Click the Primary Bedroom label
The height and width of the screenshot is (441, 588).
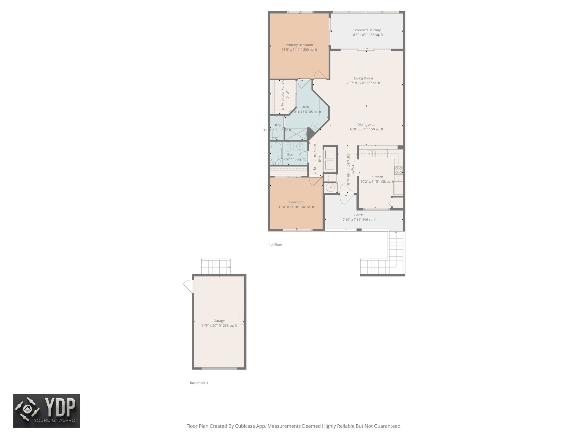pos(299,45)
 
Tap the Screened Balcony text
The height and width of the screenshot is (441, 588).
pos(367,30)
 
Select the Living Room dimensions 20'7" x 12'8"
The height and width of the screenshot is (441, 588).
pos(363,83)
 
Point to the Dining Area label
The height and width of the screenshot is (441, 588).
pos(366,125)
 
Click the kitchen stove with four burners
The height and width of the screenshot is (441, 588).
pos(399,170)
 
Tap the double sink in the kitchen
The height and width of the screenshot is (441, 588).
pos(372,154)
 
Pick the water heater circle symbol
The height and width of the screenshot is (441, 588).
pos(330,187)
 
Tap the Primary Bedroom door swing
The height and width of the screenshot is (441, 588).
pos(320,74)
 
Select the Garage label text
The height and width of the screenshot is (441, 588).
pos(219,321)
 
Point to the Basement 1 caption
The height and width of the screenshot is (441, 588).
pos(199,383)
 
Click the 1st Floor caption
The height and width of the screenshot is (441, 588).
pos(275,245)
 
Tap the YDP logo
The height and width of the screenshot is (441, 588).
pos(47,411)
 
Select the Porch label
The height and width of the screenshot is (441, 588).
pos(359,215)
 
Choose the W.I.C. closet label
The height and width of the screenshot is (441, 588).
pos(287,95)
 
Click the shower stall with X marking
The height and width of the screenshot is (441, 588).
pos(296,134)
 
